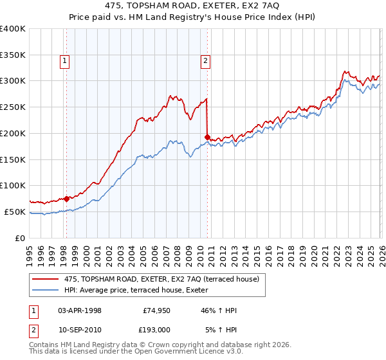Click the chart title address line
pyautogui.click(x=192, y=6)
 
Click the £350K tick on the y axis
pyautogui.click(x=13, y=55)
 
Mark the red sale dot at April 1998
pyautogui.click(x=66, y=199)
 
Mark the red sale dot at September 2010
pyautogui.click(x=207, y=136)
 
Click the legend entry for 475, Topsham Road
pyautogui.click(x=161, y=278)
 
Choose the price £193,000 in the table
pyautogui.click(x=154, y=329)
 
